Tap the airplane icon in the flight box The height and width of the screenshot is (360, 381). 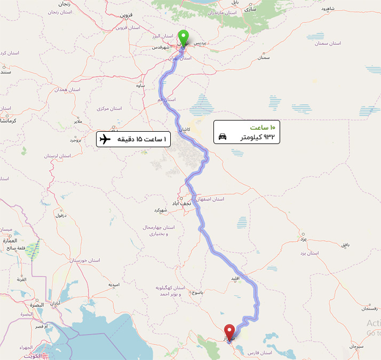tap(105, 139)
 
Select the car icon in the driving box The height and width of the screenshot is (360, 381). tap(223, 137)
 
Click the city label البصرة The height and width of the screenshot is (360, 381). tap(36, 305)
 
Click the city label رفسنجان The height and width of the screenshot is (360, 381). tap(369, 309)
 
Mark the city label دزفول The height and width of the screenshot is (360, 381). tap(59, 215)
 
